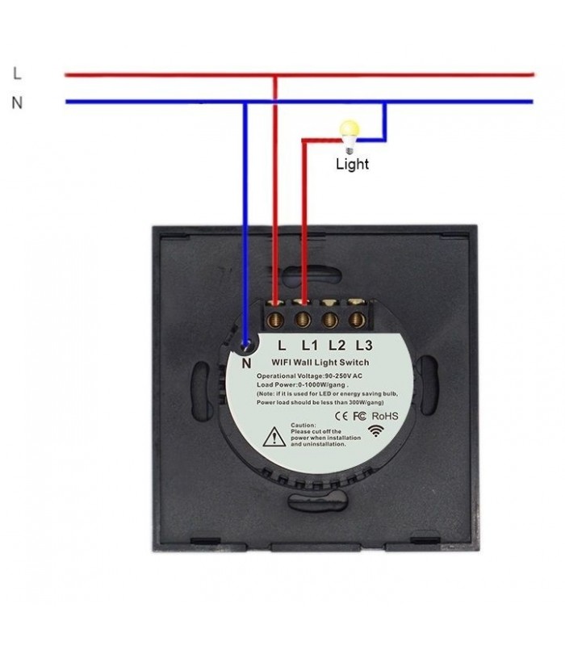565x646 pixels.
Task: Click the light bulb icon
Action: pos(350,134)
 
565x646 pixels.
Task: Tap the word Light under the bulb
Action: pos(352,164)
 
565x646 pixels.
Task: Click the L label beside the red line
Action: pos(17,73)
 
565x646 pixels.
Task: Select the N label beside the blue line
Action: pos(17,103)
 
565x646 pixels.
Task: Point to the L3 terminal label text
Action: pos(364,343)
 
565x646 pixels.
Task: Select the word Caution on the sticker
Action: pos(302,425)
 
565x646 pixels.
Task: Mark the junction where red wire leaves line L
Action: pos(276,75)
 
